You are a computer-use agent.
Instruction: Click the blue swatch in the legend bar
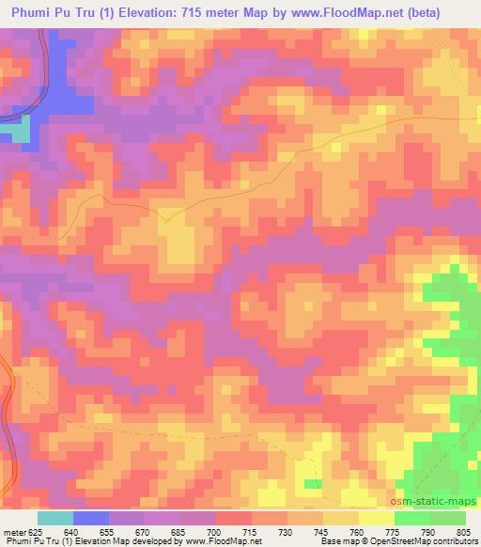coord(90,518)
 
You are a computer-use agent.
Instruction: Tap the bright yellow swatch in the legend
coord(376,518)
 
